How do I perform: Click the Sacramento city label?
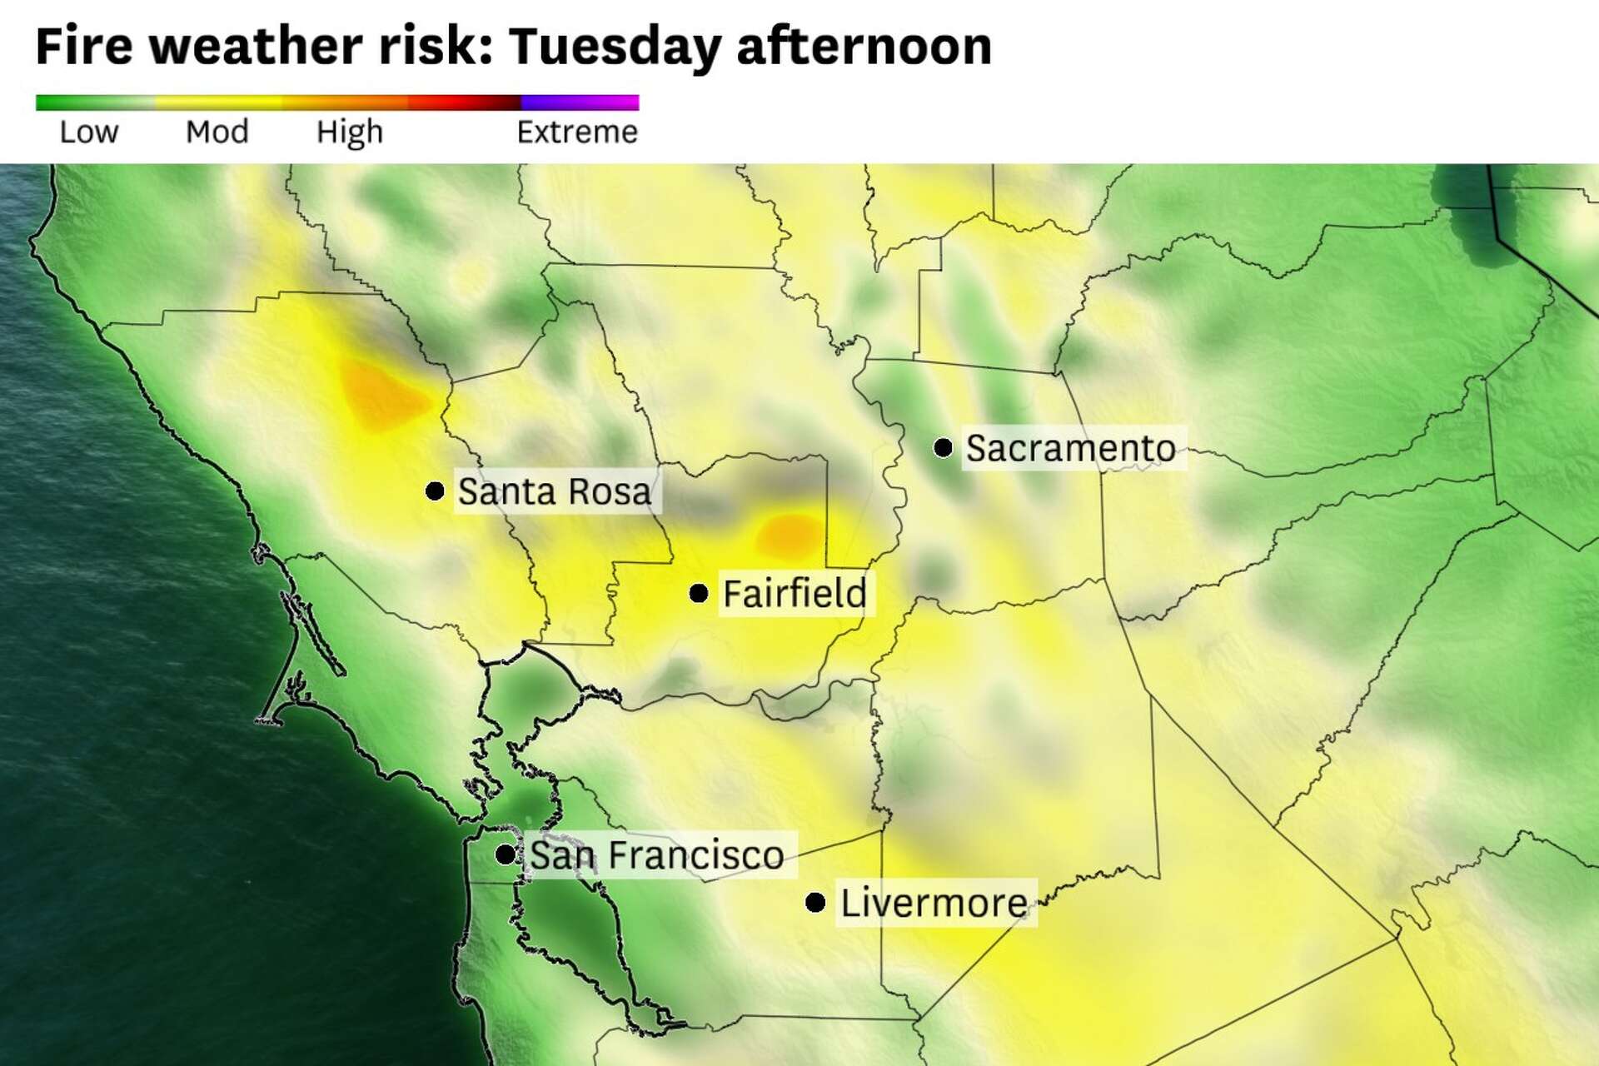tap(1070, 449)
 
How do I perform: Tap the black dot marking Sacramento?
tap(943, 448)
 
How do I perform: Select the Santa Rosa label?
tap(555, 491)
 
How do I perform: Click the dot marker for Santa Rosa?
tap(435, 491)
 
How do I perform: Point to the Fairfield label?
tap(795, 594)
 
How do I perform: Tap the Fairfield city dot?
tap(699, 593)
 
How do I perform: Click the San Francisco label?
tap(657, 855)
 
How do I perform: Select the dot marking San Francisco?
tap(505, 854)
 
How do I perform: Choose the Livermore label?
tap(934, 903)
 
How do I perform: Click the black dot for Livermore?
tap(815, 902)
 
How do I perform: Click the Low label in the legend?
tap(88, 132)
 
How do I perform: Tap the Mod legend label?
tap(217, 132)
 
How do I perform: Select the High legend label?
tap(349, 132)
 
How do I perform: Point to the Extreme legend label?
tap(576, 132)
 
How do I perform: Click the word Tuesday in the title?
tap(615, 47)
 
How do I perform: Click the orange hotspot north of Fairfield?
tap(789, 534)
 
